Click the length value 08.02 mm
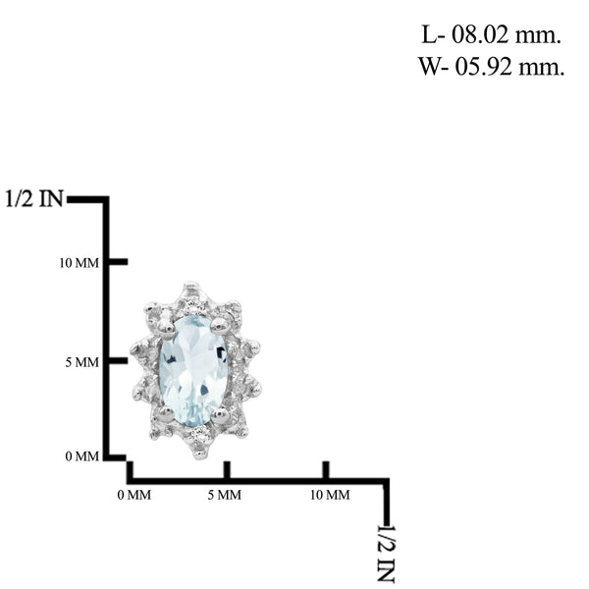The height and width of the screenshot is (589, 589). click(x=506, y=35)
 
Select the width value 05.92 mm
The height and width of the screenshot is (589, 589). click(x=509, y=67)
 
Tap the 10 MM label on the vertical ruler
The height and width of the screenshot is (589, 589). click(x=79, y=263)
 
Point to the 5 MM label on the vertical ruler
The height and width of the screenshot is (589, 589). click(x=81, y=362)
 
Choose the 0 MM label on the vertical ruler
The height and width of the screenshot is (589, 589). click(x=81, y=456)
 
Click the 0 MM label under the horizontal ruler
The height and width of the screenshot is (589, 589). click(x=134, y=495)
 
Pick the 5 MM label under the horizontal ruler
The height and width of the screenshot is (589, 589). click(x=224, y=495)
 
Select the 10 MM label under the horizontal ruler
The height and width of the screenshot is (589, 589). click(x=330, y=495)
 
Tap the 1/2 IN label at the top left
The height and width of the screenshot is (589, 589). click(x=34, y=198)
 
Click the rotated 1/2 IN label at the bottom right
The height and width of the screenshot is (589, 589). click(x=386, y=554)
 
